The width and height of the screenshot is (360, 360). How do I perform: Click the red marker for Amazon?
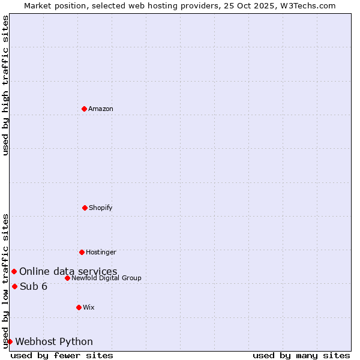coord(84,109)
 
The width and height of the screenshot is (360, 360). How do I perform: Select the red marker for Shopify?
coord(85,208)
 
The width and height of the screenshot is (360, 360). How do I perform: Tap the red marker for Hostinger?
coord(82,252)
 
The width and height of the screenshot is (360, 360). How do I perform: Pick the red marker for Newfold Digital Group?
coord(67,278)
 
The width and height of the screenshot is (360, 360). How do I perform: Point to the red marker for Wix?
coord(79,307)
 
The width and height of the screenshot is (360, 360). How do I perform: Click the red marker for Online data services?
coord(14,272)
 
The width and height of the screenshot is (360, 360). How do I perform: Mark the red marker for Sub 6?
coord(14,286)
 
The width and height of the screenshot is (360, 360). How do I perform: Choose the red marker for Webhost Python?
coord(10,341)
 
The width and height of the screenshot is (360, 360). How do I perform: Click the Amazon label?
coord(101,109)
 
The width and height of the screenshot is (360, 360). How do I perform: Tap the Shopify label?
coord(101,208)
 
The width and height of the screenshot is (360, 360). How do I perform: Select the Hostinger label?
coord(101,252)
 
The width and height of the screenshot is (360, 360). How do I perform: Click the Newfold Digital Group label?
coord(106,278)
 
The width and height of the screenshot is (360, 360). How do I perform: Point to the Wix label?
coord(89,307)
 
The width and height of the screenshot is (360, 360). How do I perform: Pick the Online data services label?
coord(68,272)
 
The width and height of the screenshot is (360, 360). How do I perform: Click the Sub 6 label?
coord(34,286)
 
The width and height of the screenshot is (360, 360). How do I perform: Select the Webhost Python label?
coord(54,341)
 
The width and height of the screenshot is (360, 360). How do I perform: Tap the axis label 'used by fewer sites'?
coord(62,355)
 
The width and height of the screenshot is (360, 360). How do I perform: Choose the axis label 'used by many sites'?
coord(301,355)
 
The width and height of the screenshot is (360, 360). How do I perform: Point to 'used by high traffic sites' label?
coord(5,85)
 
